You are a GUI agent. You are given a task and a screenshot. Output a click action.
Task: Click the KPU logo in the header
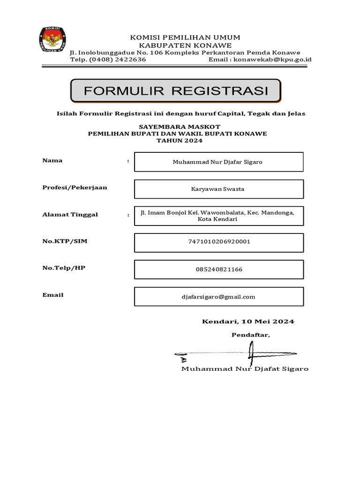tap(52, 40)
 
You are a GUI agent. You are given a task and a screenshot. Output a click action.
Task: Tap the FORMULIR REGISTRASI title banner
tap(176, 91)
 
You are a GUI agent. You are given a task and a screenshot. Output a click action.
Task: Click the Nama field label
tap(52, 160)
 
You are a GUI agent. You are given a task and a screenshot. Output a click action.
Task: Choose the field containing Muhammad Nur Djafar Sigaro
tap(218, 162)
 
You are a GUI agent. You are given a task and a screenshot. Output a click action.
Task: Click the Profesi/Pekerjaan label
tap(75, 187)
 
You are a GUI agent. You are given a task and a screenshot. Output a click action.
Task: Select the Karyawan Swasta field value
tap(218, 189)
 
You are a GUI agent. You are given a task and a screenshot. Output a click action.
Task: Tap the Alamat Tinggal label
tap(70, 214)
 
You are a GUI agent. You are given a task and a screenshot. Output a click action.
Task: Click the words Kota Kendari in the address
tap(218, 219)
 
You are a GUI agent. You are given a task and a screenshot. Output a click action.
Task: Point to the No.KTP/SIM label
tap(65, 241)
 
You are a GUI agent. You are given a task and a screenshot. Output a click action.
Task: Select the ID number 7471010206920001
tap(219, 242)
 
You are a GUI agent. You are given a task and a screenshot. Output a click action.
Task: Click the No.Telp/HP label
tap(64, 268)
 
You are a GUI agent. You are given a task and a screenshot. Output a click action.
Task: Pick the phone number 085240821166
tap(219, 270)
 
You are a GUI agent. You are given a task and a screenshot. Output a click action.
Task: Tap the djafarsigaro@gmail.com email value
tap(218, 297)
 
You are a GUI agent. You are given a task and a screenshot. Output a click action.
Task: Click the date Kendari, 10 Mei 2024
tap(248, 322)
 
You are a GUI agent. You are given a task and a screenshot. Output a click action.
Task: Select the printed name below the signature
tap(245, 369)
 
